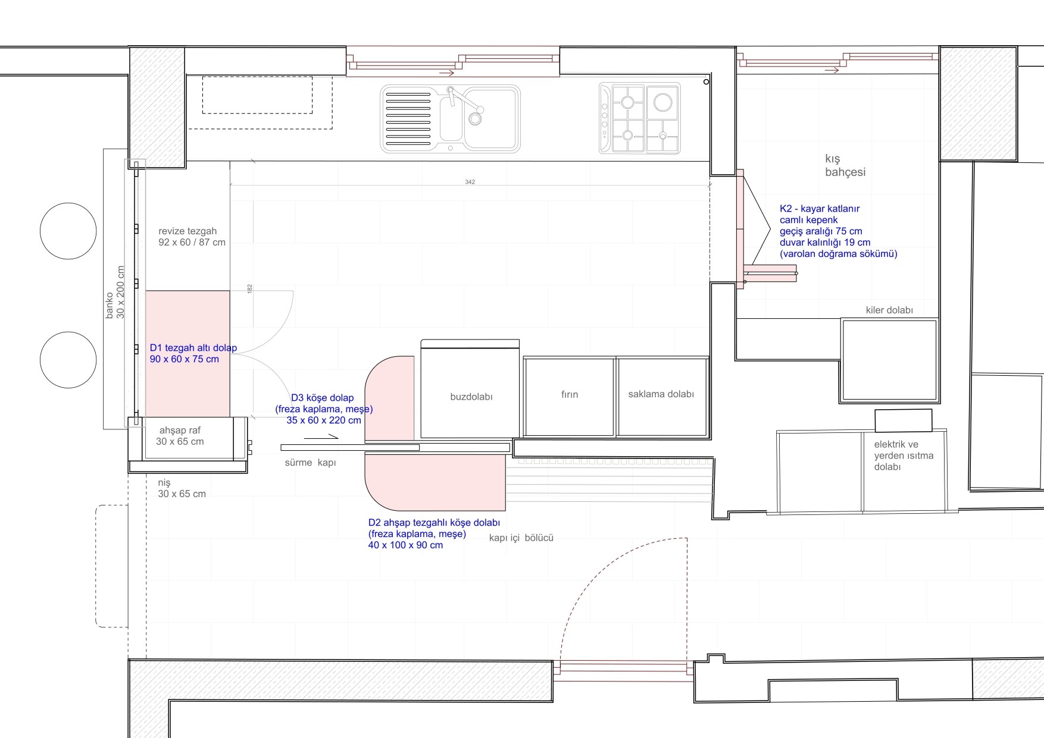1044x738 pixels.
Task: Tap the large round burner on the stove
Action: pos(662,102)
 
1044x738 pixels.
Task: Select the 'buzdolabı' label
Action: pos(471,397)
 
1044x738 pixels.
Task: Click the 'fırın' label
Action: pos(570,394)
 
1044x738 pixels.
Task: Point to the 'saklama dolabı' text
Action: pos(661,394)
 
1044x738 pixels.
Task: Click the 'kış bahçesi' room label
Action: pos(845,165)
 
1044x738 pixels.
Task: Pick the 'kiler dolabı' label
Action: pos(889,310)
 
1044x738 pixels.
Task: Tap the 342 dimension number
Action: pos(470,182)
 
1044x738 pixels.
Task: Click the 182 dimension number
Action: pos(250,288)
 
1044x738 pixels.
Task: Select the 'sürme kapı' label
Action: pos(310,463)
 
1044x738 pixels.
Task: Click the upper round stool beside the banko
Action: pos(68,231)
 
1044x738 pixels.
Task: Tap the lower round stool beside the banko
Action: pos(68,360)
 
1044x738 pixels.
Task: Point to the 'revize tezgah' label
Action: pos(187,231)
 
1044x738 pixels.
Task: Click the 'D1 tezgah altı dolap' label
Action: pos(193,348)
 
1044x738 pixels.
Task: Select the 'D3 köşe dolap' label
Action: pos(322,398)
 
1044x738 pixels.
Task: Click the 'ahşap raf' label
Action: pos(180,430)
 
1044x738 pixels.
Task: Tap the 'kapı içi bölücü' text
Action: pos(521,538)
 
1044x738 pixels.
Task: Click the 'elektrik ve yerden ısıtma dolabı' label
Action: pos(904,456)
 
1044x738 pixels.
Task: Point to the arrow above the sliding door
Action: pos(321,438)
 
